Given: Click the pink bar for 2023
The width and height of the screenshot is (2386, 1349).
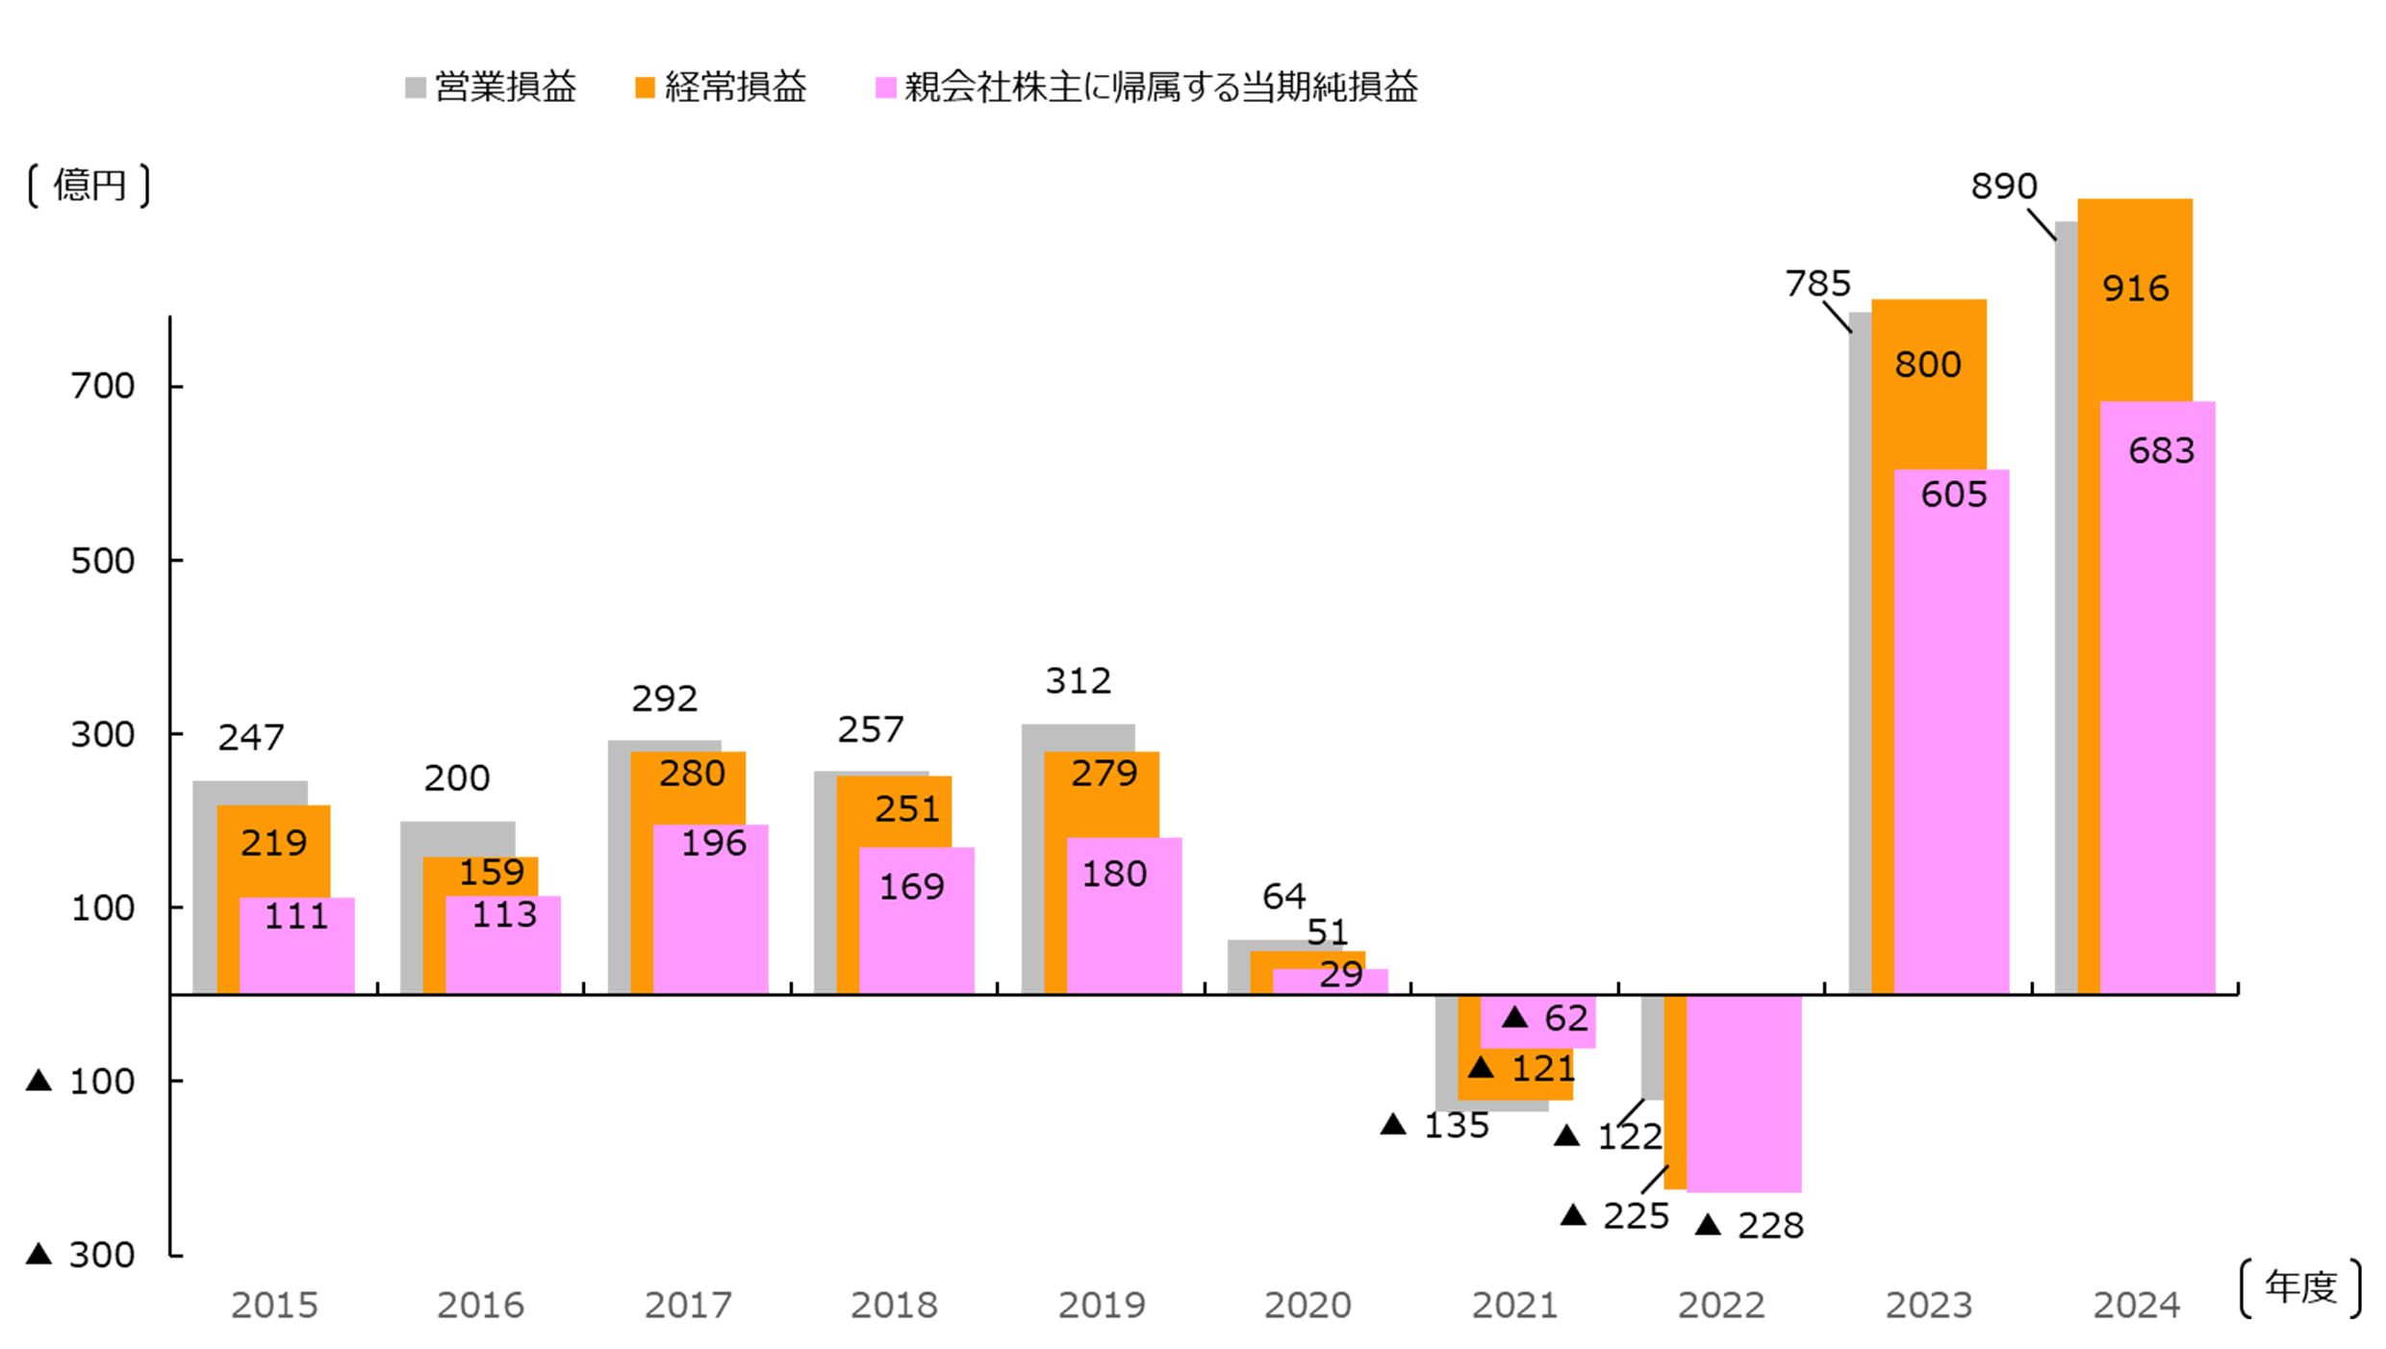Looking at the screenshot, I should click(x=1951, y=751).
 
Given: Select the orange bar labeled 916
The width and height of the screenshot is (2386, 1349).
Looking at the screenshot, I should click(x=2134, y=337).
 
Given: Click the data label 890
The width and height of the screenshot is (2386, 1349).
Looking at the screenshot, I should click(x=2003, y=186).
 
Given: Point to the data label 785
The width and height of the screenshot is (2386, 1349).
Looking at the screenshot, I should click(x=1817, y=284).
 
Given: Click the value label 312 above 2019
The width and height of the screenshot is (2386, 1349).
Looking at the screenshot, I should click(x=1078, y=681).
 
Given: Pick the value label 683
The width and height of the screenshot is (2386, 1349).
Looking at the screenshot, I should click(x=2161, y=450).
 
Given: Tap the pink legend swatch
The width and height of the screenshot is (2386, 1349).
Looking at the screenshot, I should click(x=885, y=88).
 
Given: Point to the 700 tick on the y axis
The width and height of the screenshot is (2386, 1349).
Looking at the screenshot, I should click(x=103, y=386).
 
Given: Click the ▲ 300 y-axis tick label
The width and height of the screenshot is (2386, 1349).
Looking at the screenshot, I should click(x=82, y=1255).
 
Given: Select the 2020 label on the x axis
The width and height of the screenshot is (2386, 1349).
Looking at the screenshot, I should click(x=1307, y=1305).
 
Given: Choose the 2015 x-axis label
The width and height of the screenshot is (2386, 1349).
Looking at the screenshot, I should click(x=273, y=1305).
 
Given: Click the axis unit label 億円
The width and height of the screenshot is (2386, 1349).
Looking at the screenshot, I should click(x=89, y=185).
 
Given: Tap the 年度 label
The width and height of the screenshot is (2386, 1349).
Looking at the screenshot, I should click(x=2300, y=1287).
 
